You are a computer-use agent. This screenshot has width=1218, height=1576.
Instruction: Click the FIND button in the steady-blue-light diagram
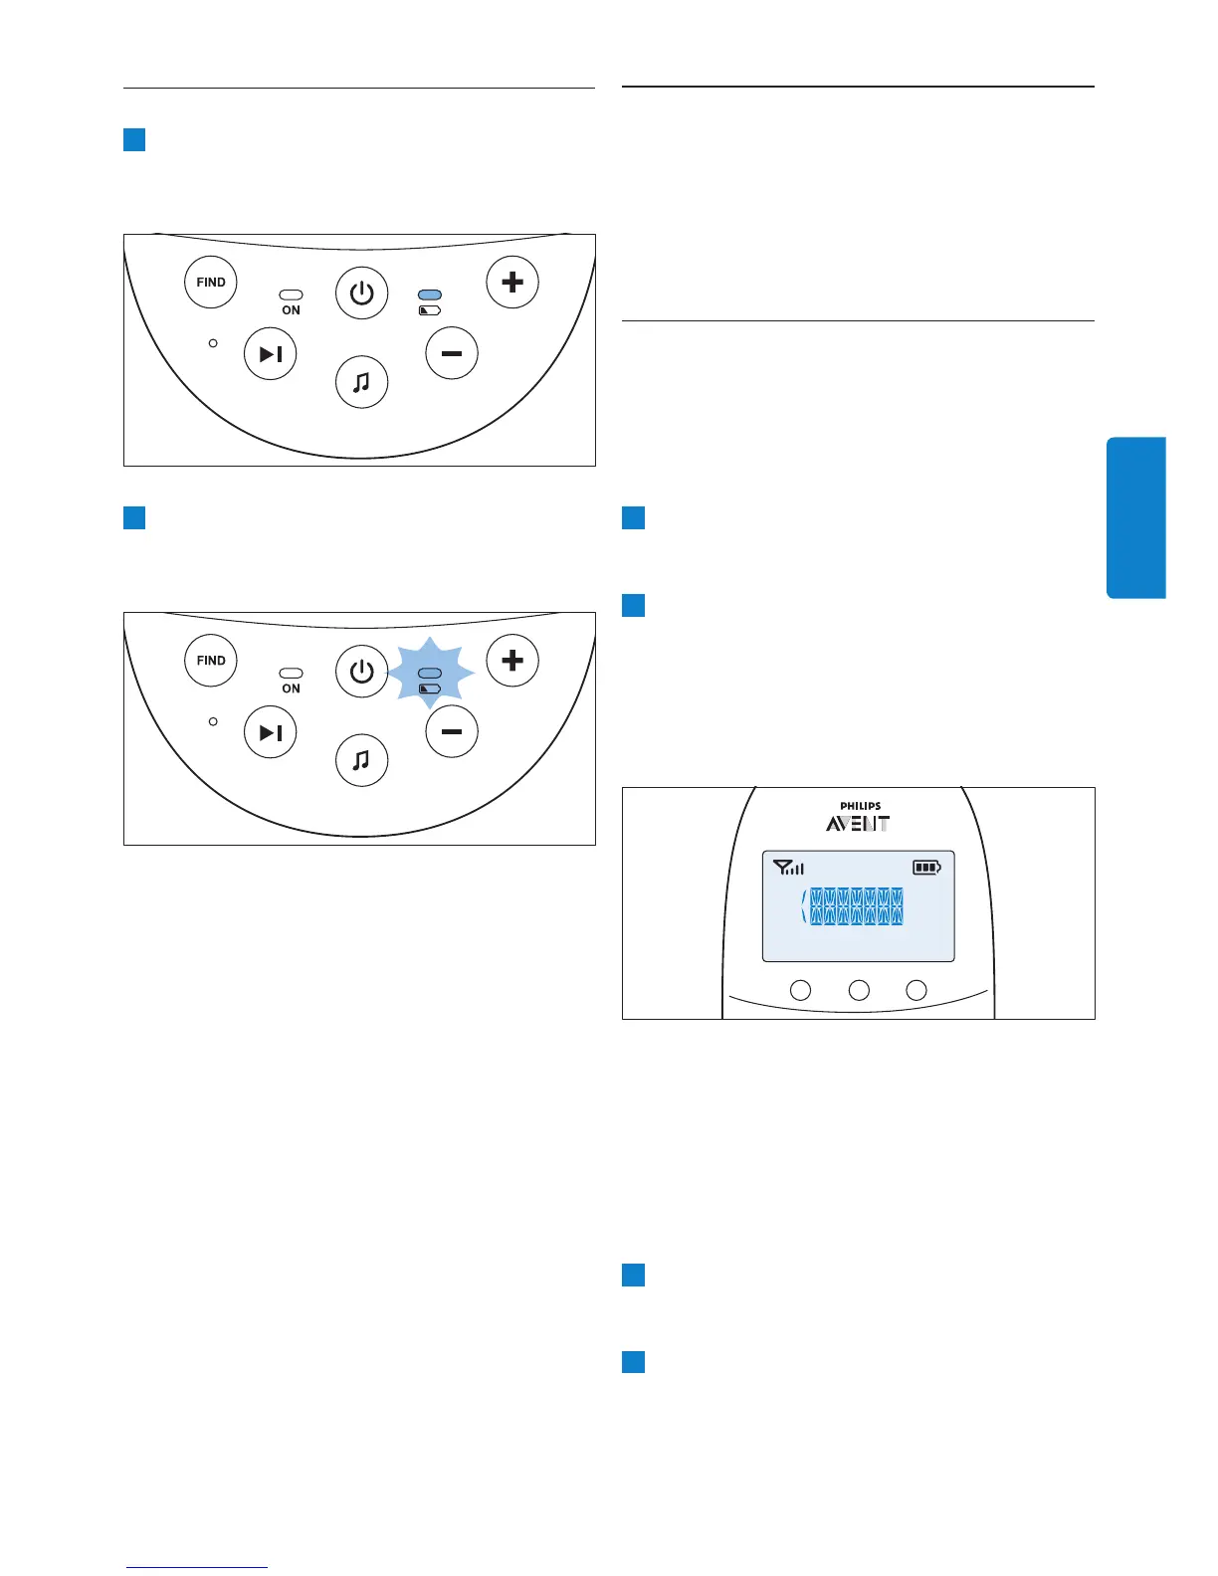point(211,283)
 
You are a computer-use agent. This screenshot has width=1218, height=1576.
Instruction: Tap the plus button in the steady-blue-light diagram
point(512,283)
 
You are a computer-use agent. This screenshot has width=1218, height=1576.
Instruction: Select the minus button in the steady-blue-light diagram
point(452,354)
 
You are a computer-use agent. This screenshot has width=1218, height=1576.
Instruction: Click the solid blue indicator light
point(430,295)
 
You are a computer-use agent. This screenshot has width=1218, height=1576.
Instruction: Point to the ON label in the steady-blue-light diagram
point(291,310)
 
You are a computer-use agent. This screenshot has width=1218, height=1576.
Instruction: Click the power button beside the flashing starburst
point(361,672)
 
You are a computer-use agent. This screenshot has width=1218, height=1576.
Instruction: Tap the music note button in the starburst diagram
point(361,760)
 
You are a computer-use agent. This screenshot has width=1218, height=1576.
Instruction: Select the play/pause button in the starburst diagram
point(271,732)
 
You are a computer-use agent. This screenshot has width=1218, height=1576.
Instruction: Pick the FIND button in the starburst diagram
point(211,661)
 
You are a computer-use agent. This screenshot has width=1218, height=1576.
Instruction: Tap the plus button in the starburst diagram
point(512,661)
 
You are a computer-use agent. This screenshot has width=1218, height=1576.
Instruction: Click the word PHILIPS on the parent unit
point(860,806)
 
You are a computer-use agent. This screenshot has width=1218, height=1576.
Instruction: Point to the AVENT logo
point(858,824)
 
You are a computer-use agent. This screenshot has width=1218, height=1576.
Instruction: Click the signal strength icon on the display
point(788,868)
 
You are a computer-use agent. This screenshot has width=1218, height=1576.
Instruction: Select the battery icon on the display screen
point(926,868)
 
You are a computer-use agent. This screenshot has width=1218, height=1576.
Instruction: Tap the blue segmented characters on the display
point(856,906)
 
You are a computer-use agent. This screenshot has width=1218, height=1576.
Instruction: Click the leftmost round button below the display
point(800,990)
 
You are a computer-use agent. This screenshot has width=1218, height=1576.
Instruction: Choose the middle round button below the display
point(859,990)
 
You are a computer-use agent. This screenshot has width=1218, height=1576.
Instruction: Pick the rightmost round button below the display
point(916,990)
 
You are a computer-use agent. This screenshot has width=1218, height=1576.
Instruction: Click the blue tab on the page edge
point(1135,517)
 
